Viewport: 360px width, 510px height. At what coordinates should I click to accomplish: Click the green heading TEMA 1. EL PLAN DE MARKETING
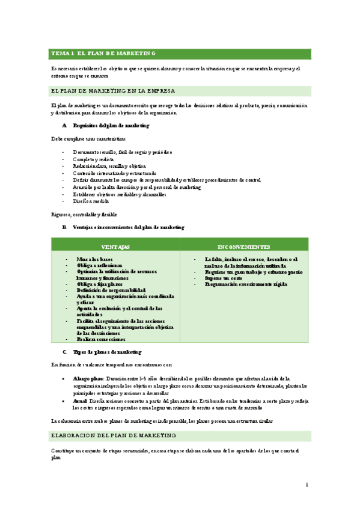pos(103,54)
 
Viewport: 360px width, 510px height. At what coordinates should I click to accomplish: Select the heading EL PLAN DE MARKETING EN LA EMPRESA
pos(113,91)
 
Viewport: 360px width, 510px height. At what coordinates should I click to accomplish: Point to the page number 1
pos(307,484)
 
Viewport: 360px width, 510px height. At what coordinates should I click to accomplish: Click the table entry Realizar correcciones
pos(100,339)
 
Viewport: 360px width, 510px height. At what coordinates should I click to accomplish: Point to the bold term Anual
pos(80,399)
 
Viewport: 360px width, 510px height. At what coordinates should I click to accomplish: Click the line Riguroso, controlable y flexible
pos(84,214)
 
